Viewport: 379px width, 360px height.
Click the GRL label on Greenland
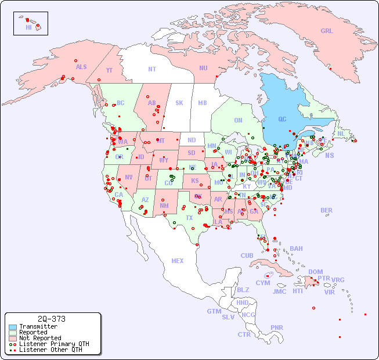tap(327, 31)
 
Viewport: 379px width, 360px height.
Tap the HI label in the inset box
tap(28, 27)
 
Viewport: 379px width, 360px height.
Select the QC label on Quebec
tap(282, 119)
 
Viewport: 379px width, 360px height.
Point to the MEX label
tap(178, 261)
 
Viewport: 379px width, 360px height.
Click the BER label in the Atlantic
tap(327, 210)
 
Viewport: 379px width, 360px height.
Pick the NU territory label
tap(203, 68)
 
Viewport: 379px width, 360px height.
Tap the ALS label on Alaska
tap(81, 67)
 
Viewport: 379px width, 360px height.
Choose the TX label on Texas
tap(189, 218)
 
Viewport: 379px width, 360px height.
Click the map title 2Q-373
tap(51, 319)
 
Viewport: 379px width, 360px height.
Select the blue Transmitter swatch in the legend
tap(12, 327)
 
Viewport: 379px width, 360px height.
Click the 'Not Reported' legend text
tap(40, 338)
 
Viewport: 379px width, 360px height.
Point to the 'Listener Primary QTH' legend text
tap(54, 344)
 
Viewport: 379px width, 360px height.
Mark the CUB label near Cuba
tap(247, 255)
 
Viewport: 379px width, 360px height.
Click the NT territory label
tap(151, 69)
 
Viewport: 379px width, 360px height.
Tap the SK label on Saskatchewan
tap(179, 103)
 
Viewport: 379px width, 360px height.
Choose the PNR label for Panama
tap(277, 327)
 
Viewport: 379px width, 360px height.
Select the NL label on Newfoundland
tap(341, 133)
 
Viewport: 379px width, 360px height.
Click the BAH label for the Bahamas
tap(296, 249)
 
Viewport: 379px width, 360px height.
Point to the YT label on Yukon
tap(109, 70)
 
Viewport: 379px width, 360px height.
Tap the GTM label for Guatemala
tap(214, 311)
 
